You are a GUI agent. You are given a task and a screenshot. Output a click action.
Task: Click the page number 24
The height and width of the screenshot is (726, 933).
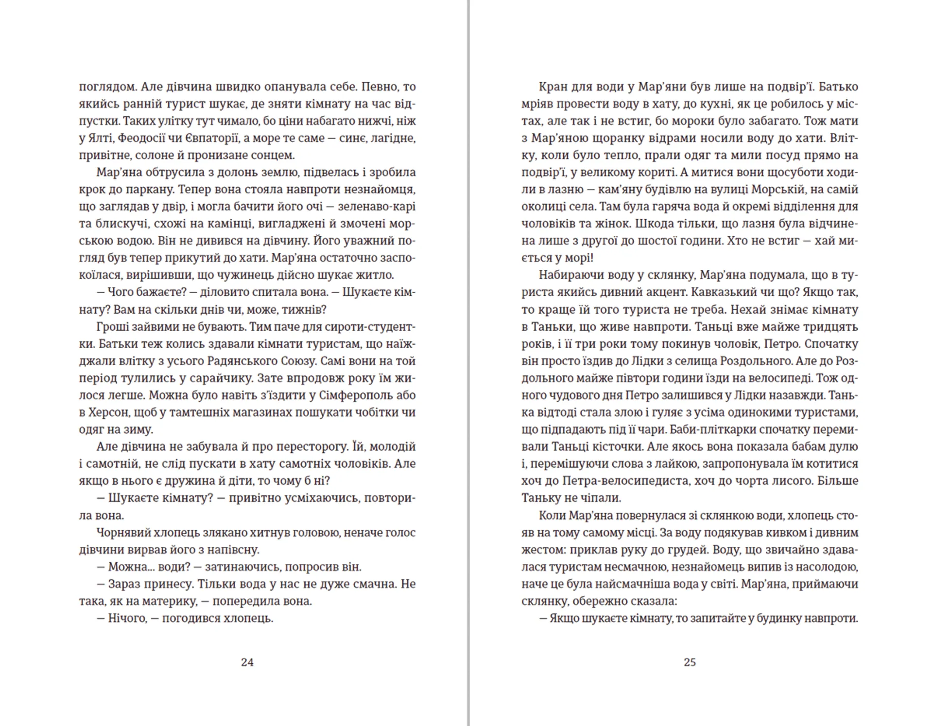247,662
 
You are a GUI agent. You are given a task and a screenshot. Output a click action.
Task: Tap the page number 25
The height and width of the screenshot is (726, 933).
690,662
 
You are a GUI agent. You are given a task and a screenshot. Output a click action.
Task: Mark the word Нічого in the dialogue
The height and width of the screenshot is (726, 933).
127,618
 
